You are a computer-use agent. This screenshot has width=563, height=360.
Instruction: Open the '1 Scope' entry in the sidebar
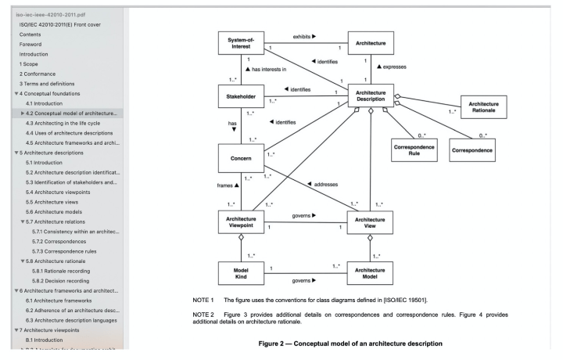(34, 64)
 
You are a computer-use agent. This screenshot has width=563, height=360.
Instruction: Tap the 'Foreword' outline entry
(32, 45)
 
